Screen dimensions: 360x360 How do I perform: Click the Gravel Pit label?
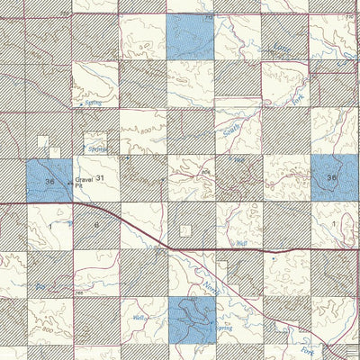point(84,183)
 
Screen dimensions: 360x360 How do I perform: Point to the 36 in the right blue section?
point(331,178)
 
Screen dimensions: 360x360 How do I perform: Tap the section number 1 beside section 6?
point(50,224)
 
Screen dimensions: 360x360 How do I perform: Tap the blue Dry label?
point(40,286)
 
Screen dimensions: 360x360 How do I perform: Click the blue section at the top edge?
point(191,36)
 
